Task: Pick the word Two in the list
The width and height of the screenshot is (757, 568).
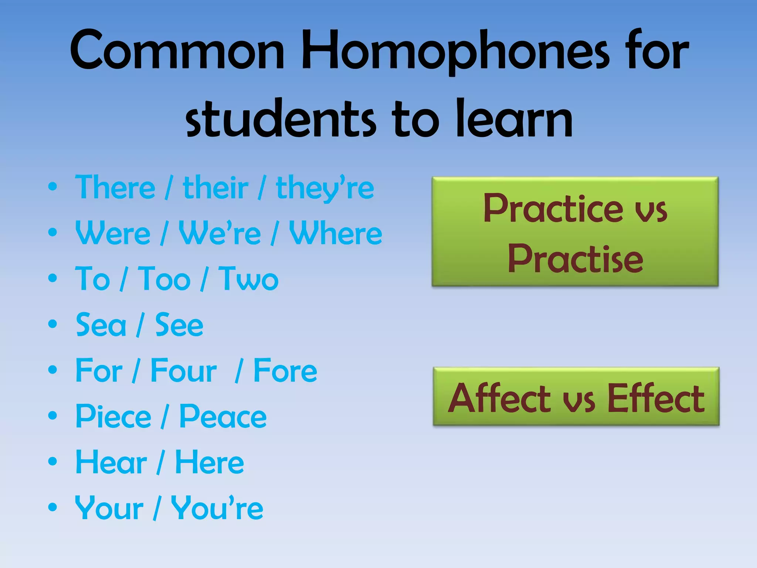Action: tap(248, 279)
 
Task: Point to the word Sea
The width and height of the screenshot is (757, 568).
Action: tap(101, 325)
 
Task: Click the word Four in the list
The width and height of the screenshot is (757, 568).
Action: tap(184, 371)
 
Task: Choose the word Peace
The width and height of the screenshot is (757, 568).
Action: tap(223, 417)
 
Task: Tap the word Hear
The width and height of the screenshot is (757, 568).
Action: tap(111, 462)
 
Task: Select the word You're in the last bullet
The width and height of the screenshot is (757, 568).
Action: tap(217, 508)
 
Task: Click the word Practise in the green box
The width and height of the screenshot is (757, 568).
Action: tap(575, 259)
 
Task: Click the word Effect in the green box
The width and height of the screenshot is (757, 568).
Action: tap(656, 399)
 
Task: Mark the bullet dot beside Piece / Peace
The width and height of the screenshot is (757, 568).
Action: tap(52, 416)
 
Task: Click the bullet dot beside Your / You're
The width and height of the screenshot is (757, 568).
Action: tap(52, 507)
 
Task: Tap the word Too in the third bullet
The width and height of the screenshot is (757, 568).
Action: tap(164, 279)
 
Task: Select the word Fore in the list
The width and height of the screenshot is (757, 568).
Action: tap(285, 371)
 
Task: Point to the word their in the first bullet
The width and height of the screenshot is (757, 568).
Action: tap(215, 188)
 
